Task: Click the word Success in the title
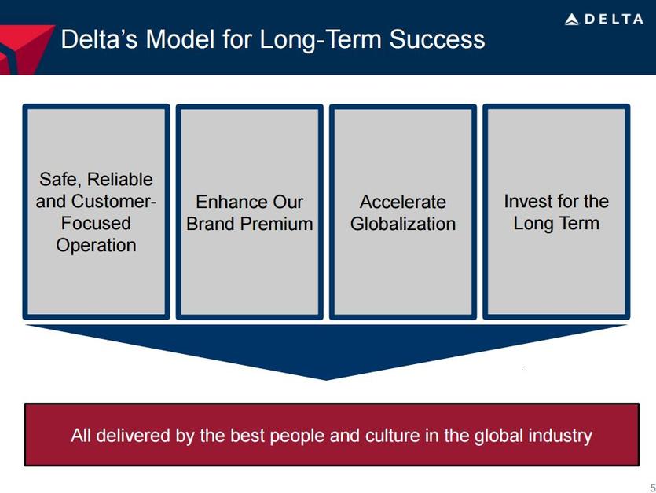pos(437,39)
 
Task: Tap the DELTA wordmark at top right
pos(614,19)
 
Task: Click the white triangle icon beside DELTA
pos(571,20)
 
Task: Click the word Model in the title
pos(181,39)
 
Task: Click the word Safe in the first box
pos(60,180)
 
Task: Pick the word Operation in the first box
pos(96,246)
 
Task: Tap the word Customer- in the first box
pos(114,201)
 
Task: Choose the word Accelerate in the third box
pos(403,202)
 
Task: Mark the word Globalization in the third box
pos(403,224)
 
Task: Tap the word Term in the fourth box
pos(580,223)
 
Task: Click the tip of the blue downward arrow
pos(326,380)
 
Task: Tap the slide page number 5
pos(653,488)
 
